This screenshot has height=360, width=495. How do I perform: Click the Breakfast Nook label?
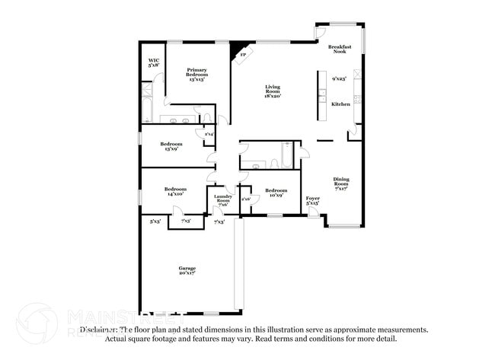tap(339, 49)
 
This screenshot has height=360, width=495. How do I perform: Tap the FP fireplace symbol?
tap(241, 53)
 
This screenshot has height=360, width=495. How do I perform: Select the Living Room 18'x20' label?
tap(273, 91)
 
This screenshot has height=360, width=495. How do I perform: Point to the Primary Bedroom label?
tap(196, 73)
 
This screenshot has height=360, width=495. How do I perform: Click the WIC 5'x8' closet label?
tap(153, 62)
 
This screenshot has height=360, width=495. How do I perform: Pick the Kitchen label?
tap(340, 104)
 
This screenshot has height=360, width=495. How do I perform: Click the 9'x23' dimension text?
tap(339, 78)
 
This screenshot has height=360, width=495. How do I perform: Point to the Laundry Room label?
tap(222, 200)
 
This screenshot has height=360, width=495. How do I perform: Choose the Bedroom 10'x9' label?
tap(276, 193)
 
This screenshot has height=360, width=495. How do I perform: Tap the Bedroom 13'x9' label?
tap(171, 146)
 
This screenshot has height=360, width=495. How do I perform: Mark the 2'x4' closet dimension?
tap(209, 135)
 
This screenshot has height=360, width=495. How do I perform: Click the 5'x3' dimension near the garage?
tap(155, 221)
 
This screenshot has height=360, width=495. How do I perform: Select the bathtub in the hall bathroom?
tap(286, 157)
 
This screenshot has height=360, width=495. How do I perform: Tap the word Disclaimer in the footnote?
tap(98, 330)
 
